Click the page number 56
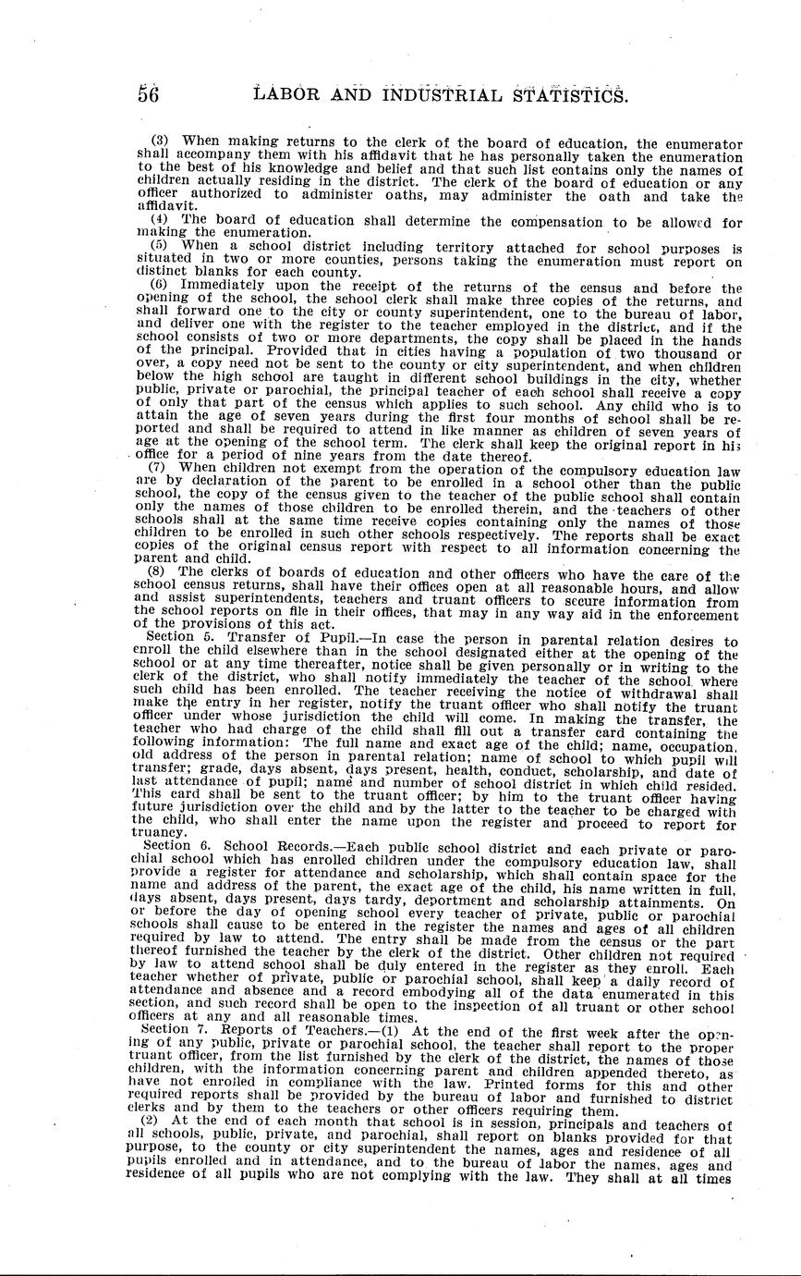click(149, 94)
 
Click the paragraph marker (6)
click(159, 288)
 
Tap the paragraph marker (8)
click(159, 574)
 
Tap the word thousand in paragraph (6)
click(689, 353)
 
